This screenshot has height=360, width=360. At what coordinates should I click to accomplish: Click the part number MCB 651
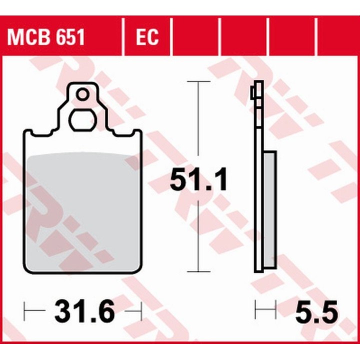point(46,37)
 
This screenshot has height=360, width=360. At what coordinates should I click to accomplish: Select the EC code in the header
point(147,37)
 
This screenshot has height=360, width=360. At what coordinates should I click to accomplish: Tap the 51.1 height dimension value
point(198,179)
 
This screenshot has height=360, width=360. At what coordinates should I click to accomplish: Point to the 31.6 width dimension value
point(84,311)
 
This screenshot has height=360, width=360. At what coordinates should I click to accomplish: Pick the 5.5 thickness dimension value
point(316,311)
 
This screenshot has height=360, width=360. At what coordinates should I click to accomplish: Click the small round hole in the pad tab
point(82,94)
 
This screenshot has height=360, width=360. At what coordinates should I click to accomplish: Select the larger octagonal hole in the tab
point(82,120)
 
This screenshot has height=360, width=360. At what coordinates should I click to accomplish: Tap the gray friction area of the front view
point(82,211)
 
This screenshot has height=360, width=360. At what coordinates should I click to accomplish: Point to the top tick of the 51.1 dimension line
point(198,81)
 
